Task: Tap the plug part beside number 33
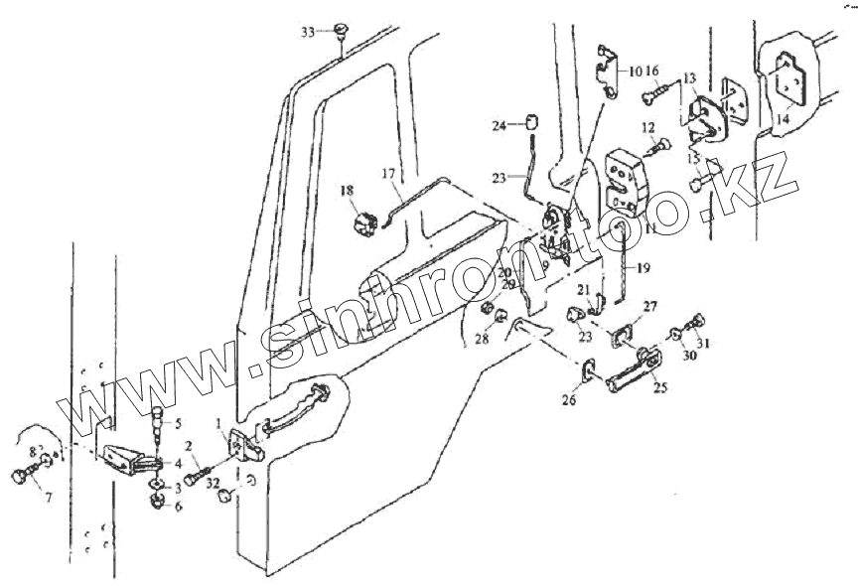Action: coord(341,29)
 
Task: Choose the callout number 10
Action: coord(634,72)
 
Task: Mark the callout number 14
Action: coord(784,117)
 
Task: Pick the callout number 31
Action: coord(705,344)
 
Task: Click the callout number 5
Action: coord(178,423)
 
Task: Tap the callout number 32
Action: coord(213,483)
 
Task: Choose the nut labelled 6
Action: coord(158,503)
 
